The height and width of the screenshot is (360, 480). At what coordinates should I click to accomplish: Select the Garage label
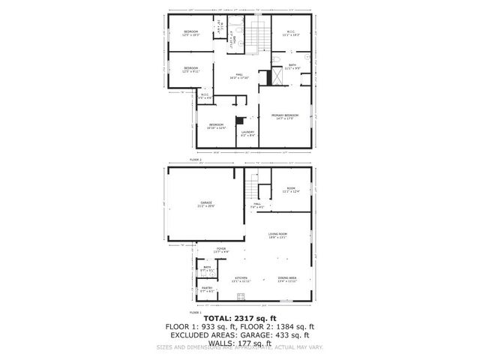205,202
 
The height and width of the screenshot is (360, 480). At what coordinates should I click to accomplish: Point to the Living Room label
278,234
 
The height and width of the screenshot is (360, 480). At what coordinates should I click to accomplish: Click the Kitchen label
241,277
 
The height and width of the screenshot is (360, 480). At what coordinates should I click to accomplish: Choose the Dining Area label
287,277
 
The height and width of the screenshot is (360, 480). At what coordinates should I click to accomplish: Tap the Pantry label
206,288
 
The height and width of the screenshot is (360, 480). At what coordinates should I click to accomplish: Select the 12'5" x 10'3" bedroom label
190,31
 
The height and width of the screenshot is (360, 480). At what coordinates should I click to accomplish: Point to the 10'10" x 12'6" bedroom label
216,124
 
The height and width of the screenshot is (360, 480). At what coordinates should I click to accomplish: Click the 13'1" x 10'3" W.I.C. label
290,31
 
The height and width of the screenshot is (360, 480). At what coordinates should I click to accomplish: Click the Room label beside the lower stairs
291,189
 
